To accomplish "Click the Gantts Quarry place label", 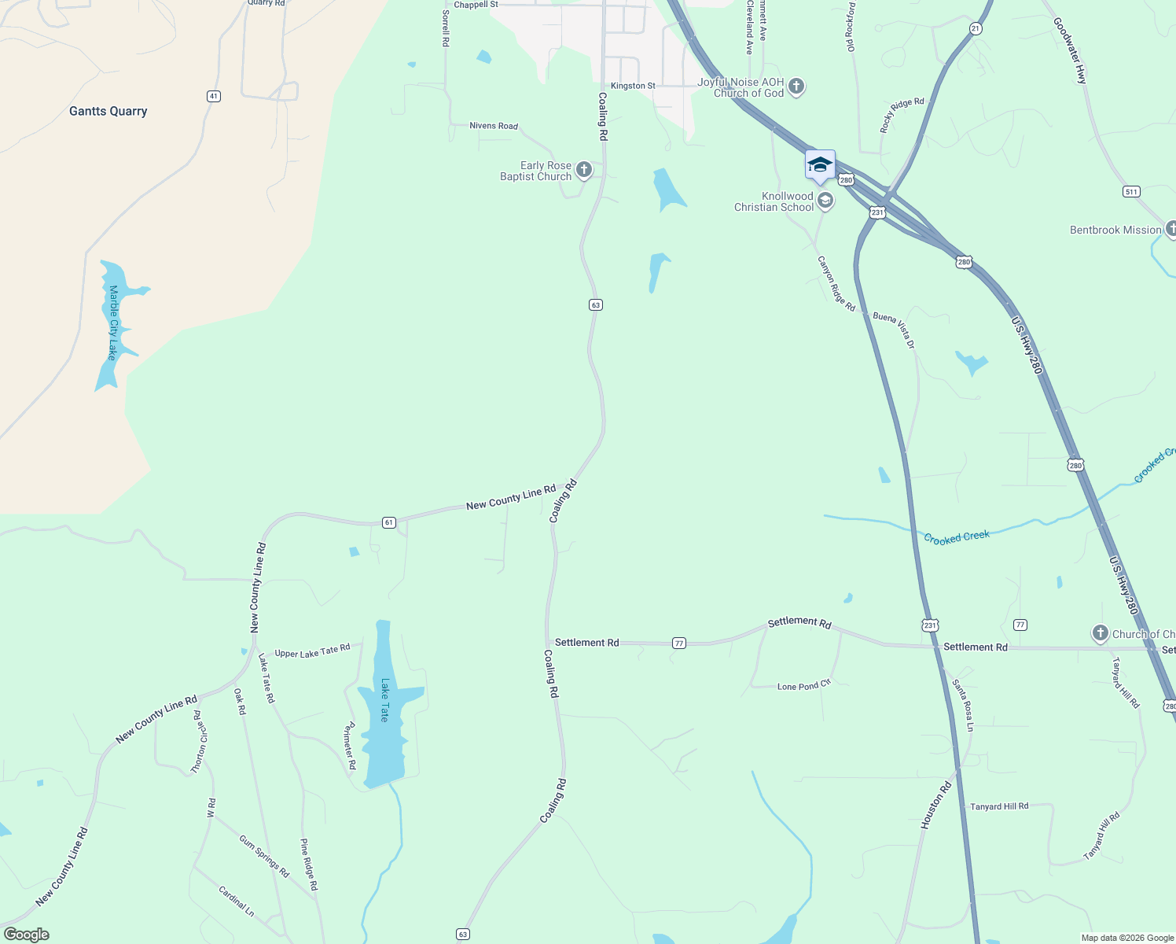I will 108,111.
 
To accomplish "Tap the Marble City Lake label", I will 113,323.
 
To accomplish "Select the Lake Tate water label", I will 384,700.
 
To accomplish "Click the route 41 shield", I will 213,96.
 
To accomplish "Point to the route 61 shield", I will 388,522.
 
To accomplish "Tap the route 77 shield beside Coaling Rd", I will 679,643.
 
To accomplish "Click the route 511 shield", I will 1131,191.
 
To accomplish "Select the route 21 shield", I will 976,28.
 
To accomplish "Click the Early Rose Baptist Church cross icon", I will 584,170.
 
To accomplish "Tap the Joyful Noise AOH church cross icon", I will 796,86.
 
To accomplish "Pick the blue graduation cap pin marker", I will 820,165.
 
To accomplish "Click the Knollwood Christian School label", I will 774,202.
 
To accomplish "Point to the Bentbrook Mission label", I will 1115,230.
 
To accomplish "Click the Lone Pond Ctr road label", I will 803,686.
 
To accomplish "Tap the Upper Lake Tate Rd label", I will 312,651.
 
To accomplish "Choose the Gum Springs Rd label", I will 264,856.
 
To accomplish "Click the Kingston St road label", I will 633,86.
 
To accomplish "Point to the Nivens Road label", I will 494,126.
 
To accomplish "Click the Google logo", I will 27,935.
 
